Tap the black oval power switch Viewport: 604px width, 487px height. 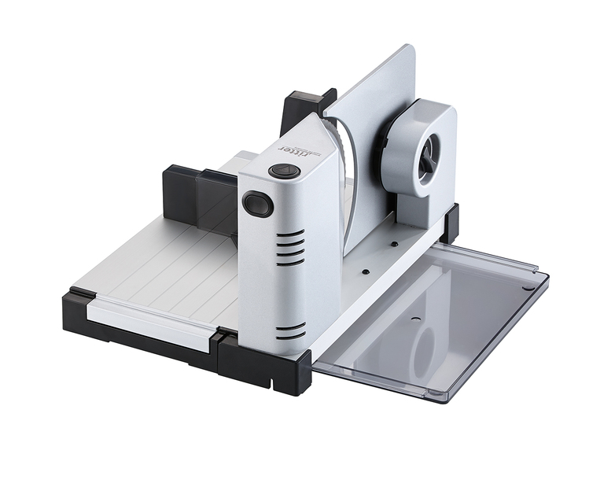(256, 202)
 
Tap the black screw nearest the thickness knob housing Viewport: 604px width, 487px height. (394, 244)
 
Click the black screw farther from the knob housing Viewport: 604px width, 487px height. (365, 271)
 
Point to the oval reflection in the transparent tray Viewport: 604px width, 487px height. (425, 348)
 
